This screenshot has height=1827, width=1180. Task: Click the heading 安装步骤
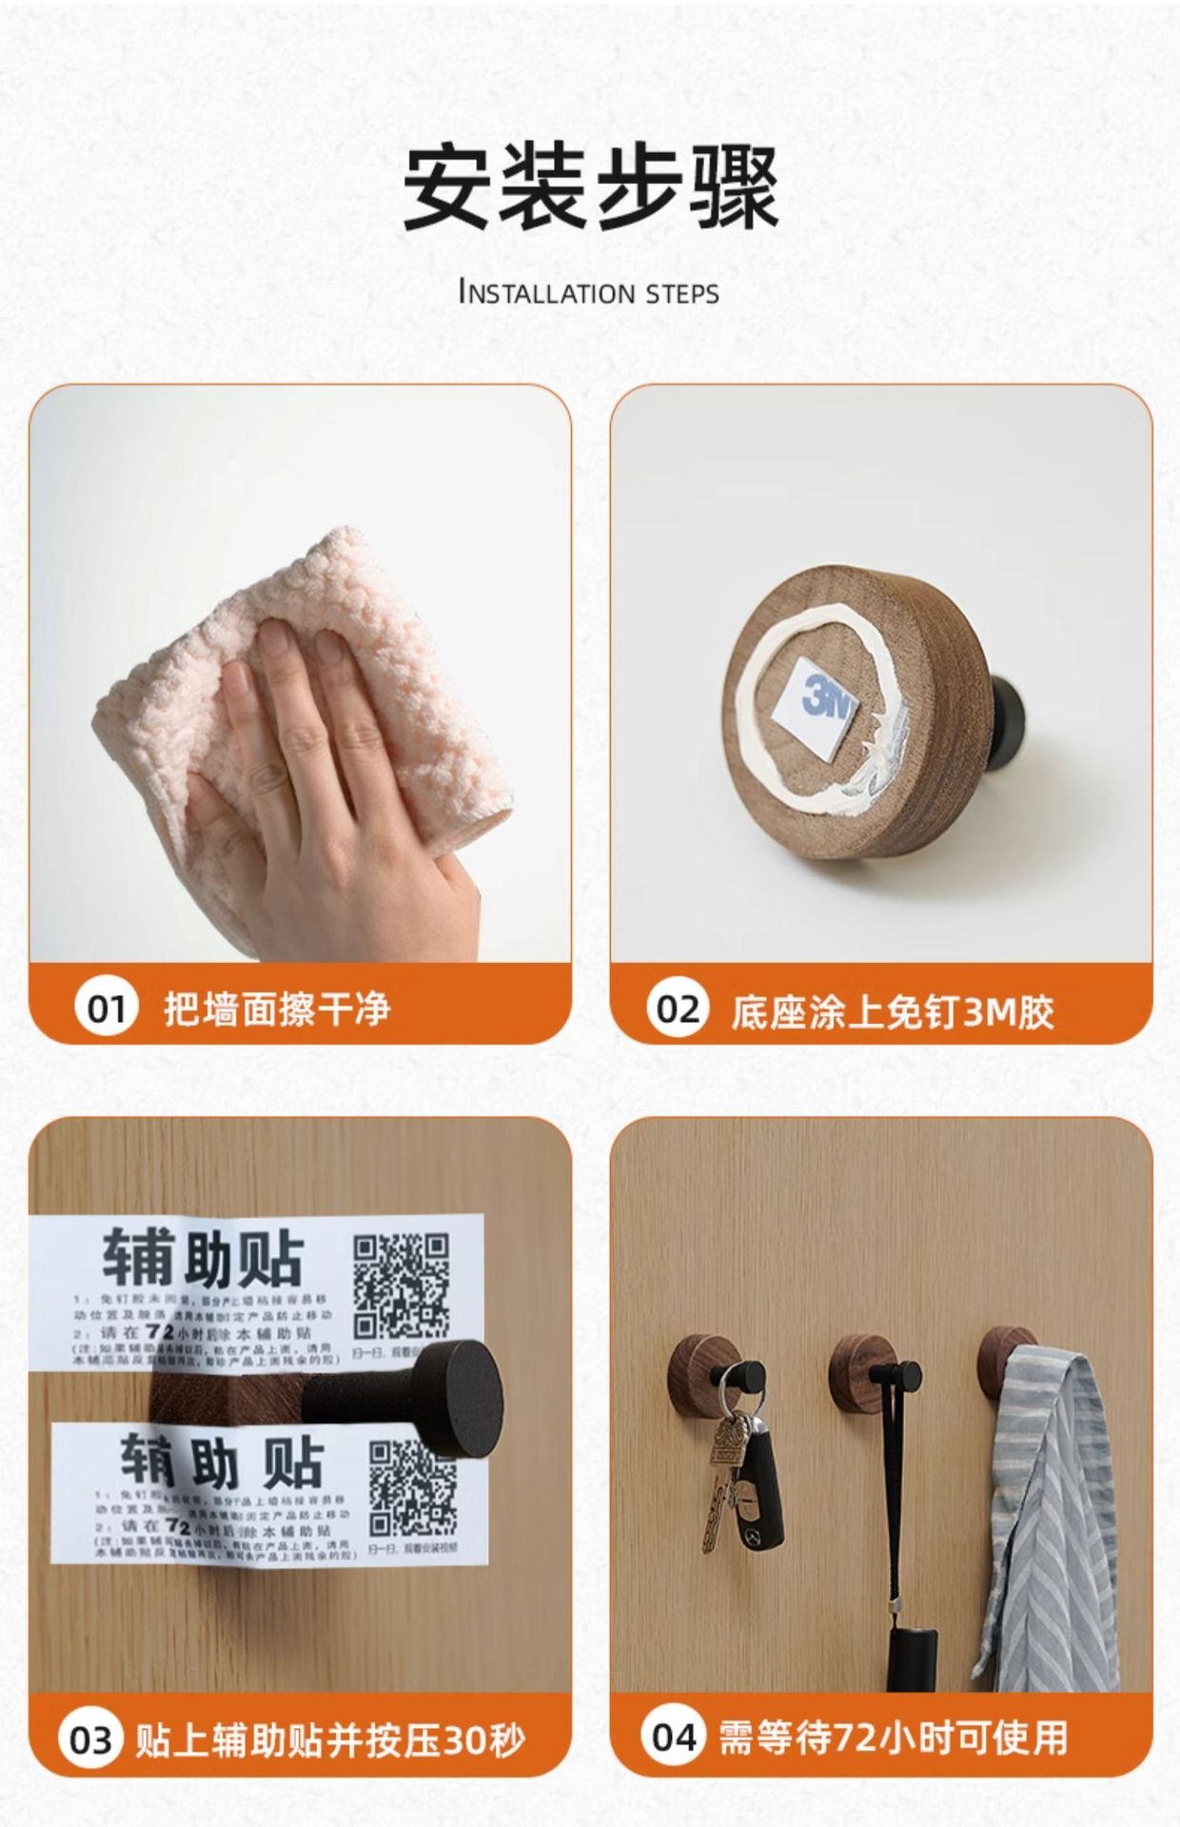590,187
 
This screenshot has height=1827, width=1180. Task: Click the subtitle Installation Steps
589,292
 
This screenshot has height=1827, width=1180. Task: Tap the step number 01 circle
107,1009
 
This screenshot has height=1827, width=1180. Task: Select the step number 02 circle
678,1009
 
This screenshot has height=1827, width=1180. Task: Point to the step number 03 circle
91,1740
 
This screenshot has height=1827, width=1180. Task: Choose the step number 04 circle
673,1737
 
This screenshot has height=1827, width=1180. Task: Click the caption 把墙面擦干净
277,1009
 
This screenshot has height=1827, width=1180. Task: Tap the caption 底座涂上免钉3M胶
892,1012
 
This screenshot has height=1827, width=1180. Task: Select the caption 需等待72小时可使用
892,1737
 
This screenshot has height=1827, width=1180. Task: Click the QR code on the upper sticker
401,1286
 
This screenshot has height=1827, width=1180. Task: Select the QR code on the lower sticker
412,1487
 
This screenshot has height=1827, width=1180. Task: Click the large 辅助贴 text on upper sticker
202,1258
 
